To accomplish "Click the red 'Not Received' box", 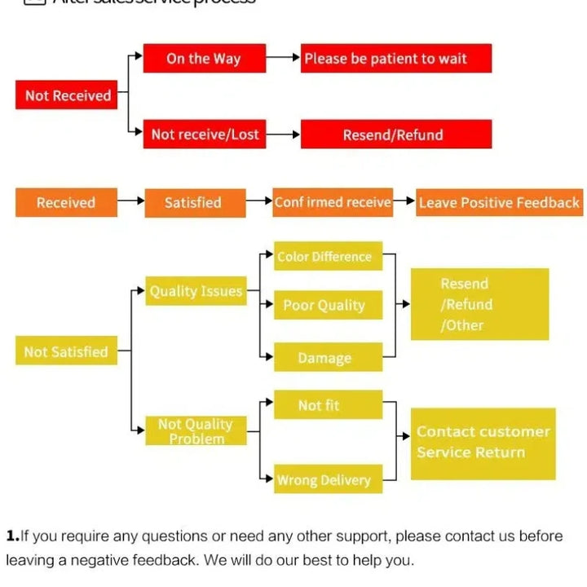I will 67,95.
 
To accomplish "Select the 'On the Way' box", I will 204,58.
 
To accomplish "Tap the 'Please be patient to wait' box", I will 395,58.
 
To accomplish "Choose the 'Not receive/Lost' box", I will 204,135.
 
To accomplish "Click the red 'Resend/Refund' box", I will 395,135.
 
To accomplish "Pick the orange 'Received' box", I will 66,202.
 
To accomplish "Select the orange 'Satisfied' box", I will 194,202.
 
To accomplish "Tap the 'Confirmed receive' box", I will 333,202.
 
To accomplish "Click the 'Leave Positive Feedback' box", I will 499,203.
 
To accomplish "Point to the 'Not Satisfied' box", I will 66,351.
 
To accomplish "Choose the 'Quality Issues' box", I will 196,291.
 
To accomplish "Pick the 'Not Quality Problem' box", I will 196,430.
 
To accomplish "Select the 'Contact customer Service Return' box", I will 483,443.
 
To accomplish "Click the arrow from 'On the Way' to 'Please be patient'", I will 283,58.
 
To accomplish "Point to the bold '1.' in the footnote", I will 12,536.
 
